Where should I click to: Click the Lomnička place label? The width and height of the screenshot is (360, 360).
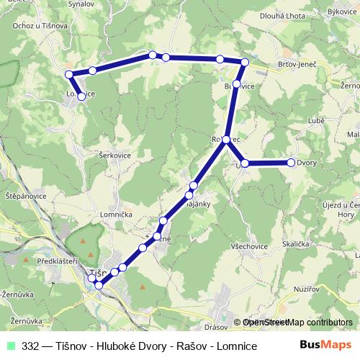click(x=122, y=213)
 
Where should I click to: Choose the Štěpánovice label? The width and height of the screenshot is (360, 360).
click(x=26, y=196)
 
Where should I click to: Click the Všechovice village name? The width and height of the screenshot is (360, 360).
click(x=247, y=246)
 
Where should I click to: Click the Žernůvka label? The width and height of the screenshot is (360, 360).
click(x=17, y=295)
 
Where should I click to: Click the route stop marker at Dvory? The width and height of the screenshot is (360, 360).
click(x=292, y=163)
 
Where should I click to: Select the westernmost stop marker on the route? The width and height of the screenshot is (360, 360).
click(x=69, y=74)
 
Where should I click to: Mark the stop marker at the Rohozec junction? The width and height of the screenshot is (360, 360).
click(x=226, y=139)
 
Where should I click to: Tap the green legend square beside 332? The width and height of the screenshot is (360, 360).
click(x=10, y=346)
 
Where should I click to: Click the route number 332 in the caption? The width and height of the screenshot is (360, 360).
click(x=30, y=346)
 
